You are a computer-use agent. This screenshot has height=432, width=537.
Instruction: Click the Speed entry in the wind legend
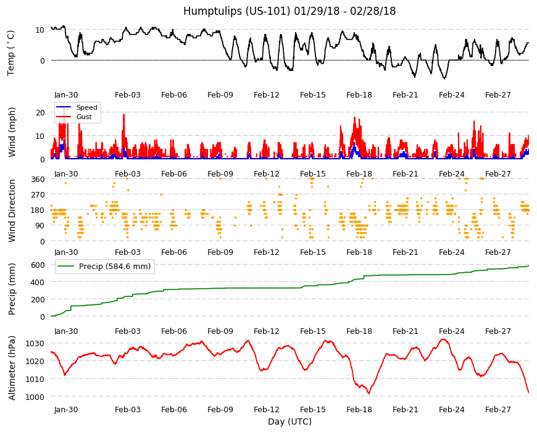(86, 107)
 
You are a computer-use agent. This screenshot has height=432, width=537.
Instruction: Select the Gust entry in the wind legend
(84, 117)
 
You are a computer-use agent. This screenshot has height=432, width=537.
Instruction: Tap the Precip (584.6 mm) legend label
(115, 267)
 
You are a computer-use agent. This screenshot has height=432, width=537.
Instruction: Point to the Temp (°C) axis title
(11, 53)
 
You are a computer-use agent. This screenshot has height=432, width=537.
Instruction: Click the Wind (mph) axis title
(12, 132)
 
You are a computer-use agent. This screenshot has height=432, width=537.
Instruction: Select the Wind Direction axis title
(12, 211)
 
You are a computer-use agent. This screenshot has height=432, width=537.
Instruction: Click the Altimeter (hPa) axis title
(12, 368)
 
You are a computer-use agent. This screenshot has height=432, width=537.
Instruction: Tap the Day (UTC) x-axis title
(289, 422)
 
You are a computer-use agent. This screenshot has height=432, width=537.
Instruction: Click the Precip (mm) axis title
(12, 289)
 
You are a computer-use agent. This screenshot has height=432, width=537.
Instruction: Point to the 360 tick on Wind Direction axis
(38, 180)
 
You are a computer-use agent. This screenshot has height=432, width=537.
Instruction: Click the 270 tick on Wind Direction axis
(38, 195)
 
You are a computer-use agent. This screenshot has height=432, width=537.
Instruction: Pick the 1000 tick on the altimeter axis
(35, 397)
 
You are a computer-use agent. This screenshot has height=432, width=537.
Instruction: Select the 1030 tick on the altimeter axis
(35, 343)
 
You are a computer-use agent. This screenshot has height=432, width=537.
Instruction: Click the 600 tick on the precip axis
(38, 265)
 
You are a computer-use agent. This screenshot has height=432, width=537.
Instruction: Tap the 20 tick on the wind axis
(40, 112)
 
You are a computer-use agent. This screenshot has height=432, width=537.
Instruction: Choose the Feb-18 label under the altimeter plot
(359, 410)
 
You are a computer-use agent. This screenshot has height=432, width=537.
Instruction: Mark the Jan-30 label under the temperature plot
(66, 95)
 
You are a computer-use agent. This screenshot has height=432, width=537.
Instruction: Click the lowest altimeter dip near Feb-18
(369, 393)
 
